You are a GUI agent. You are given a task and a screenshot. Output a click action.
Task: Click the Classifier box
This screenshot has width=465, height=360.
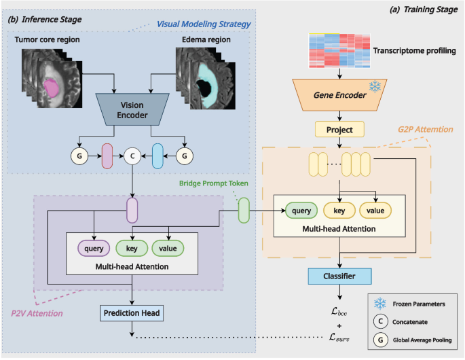pos(339,276)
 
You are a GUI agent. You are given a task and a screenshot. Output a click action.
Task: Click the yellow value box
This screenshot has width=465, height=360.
pos(376,211)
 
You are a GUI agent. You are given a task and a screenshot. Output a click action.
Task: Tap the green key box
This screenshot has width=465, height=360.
pos(132,249)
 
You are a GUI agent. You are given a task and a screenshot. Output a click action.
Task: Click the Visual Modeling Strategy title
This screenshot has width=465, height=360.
pos(204,24)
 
